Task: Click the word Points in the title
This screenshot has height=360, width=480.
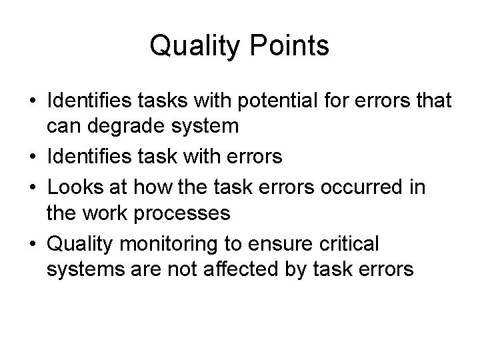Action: (289, 46)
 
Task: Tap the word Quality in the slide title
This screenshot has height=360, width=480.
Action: (195, 46)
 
